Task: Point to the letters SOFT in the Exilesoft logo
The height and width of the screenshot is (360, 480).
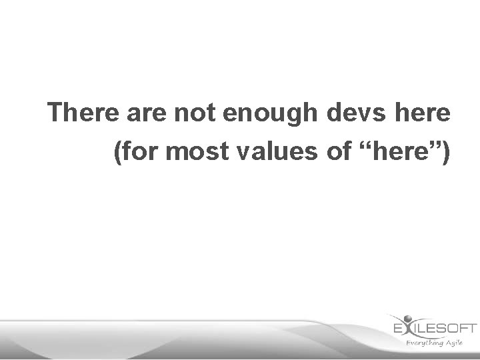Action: click(x=458, y=328)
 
